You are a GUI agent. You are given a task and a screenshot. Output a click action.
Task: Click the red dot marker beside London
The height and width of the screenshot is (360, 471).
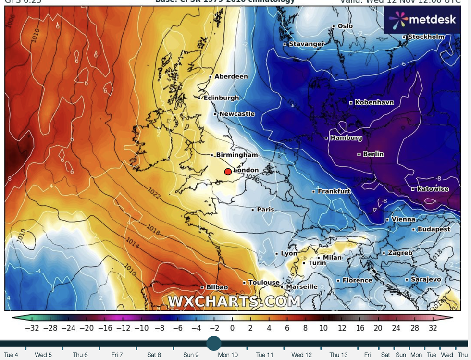pos(228,172)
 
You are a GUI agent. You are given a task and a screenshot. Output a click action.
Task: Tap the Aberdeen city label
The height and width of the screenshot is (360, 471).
pos(231,76)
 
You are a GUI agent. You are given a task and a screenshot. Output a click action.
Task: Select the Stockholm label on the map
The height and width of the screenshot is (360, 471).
pos(426,37)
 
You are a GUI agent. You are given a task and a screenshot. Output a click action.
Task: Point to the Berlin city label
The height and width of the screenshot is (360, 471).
pos(373,154)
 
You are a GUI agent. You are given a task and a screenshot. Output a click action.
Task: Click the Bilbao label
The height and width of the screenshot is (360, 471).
pos(217,287)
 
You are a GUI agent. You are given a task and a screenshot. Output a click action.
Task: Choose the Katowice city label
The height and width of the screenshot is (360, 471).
pos(433,189)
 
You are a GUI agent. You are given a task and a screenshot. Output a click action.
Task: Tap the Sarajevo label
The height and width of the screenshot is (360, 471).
pos(426,279)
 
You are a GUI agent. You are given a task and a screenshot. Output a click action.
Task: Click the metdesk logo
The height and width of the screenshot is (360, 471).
pos(421,20)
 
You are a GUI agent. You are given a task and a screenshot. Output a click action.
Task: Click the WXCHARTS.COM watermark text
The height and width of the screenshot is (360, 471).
pos(234,302)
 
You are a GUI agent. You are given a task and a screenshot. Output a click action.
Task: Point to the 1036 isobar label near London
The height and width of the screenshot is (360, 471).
pos(251,178)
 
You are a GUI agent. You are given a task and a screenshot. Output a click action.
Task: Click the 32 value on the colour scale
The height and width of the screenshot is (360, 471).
pos(433,328)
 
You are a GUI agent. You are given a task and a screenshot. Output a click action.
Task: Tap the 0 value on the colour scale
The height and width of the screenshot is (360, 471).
pos(232,328)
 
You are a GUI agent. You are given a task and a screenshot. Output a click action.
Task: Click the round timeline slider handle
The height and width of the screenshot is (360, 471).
pos(213,343)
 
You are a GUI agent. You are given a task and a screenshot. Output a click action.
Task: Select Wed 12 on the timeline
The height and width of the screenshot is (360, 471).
pos(301,355)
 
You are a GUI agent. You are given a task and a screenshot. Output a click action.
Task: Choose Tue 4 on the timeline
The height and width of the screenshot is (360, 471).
pos(11,355)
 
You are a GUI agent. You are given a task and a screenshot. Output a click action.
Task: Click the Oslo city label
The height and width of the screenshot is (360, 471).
pos(345,26)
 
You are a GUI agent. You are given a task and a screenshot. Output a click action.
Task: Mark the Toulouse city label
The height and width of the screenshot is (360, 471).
pos(264,283)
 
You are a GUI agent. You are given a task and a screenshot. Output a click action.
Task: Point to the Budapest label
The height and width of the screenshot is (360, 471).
pos(434,229)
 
